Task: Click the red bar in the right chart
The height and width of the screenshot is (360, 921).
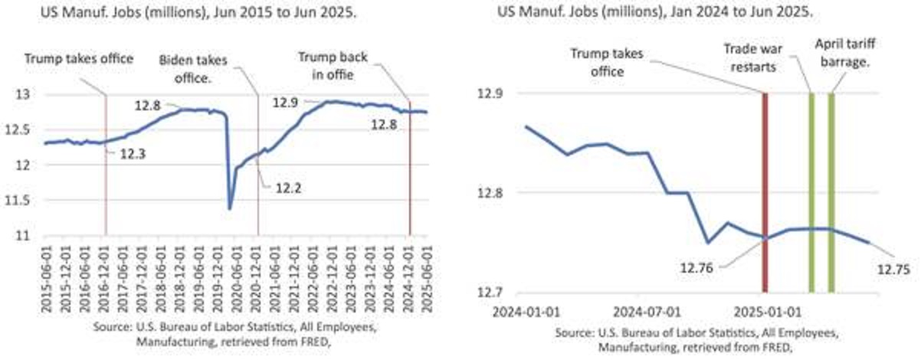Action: point(764,191)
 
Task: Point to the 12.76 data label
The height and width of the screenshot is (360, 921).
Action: point(697,269)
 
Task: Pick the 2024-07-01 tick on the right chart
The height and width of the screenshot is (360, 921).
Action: point(647,312)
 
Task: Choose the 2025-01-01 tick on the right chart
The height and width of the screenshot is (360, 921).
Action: point(764,312)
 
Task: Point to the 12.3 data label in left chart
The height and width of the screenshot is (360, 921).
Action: point(133,152)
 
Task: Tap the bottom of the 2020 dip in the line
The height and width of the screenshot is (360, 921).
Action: point(229,208)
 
